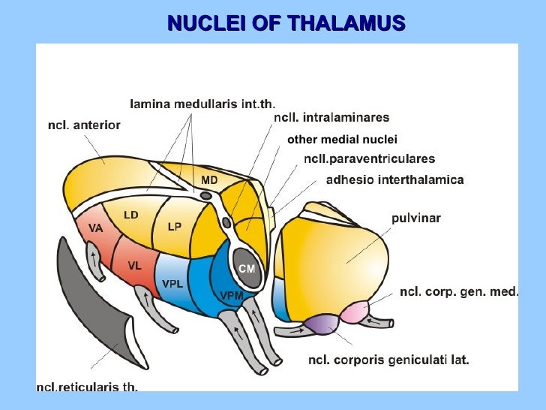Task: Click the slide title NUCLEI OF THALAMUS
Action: [286, 23]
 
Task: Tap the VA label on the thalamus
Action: [95, 228]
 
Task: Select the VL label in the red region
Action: [134, 265]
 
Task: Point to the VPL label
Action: [172, 283]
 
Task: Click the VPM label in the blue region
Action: [232, 295]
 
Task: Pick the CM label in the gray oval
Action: [247, 269]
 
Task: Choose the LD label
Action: [131, 215]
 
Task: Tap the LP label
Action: [174, 226]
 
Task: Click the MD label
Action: [209, 181]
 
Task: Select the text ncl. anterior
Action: [83, 125]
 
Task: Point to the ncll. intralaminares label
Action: [331, 118]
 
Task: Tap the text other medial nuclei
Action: [342, 139]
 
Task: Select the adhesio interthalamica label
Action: [395, 179]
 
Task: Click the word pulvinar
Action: [416, 219]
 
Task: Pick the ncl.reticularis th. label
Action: [87, 387]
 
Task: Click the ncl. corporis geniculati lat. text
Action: [388, 360]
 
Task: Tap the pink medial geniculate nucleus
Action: [354, 310]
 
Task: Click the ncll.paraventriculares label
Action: [369, 159]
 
